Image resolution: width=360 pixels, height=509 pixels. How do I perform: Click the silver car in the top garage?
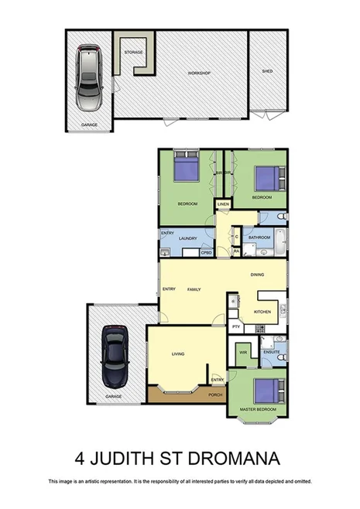[x=89, y=77]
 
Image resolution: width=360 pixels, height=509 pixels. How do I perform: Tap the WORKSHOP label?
[x=199, y=73]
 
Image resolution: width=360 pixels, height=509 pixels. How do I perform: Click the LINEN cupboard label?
[x=223, y=204]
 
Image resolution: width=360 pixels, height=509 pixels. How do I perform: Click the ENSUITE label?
[x=271, y=352]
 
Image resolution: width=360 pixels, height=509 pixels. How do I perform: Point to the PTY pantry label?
[x=236, y=328]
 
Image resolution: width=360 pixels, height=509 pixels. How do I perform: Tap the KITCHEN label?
[x=262, y=312]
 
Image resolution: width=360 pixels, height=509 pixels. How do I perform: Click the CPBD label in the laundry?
[x=206, y=253]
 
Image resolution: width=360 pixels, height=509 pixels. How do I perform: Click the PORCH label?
[x=214, y=395]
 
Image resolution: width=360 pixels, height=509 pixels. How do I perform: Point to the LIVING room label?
[x=178, y=354]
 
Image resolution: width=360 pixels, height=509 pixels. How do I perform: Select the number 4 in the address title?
[x=81, y=456]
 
